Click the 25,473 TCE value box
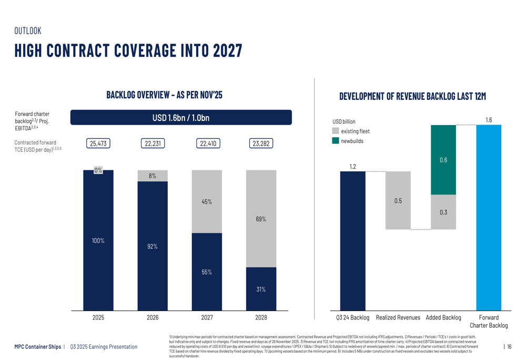pyautogui.click(x=98, y=143)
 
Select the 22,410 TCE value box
pyautogui.click(x=207, y=143)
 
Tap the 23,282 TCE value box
pyautogui.click(x=261, y=143)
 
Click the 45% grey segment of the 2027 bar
pyautogui.click(x=207, y=202)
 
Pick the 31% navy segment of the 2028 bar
pyautogui.click(x=261, y=289)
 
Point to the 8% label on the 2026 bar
pyautogui.click(x=153, y=176)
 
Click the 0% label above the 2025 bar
pyautogui.click(x=98, y=170)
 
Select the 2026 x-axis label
pyautogui.click(x=153, y=317)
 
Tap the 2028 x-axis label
pyautogui.click(x=261, y=317)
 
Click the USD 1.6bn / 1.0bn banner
pyautogui.click(x=181, y=117)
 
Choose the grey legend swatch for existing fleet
pyautogui.click(x=336, y=131)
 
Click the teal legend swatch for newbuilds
pyautogui.click(x=336, y=141)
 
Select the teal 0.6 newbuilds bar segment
pyautogui.click(x=443, y=160)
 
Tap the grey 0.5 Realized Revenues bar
pyautogui.click(x=398, y=201)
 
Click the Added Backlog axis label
pyautogui.click(x=443, y=317)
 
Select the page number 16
pyautogui.click(x=509, y=346)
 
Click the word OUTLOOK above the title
pyautogui.click(x=27, y=31)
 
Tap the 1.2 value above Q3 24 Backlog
pyautogui.click(x=353, y=167)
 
